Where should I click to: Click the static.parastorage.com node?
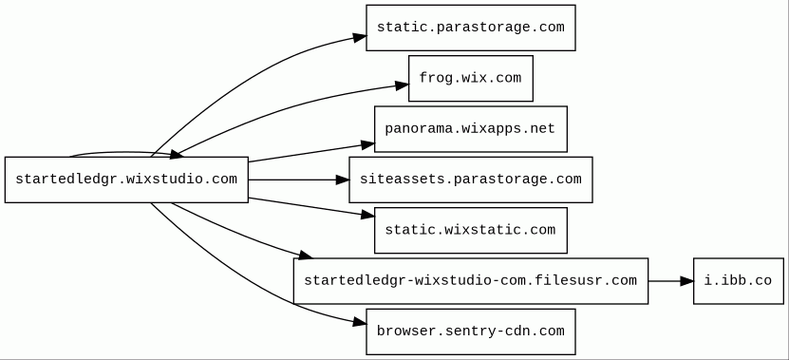click(471, 28)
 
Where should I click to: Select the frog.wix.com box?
click(471, 79)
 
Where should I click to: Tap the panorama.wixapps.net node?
click(471, 129)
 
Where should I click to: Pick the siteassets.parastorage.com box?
click(471, 180)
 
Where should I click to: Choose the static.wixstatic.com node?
click(471, 230)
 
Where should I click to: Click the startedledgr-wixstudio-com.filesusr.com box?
click(471, 281)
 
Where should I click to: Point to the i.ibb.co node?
click(738, 281)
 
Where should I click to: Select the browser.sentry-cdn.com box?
click(471, 332)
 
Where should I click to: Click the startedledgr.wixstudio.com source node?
click(126, 180)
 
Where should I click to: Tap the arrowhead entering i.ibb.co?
click(686, 281)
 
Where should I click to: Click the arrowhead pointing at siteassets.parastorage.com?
click(343, 180)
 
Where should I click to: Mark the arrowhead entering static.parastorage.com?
click(359, 37)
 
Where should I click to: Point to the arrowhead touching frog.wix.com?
click(402, 85)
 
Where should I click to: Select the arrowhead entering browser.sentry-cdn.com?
click(359, 322)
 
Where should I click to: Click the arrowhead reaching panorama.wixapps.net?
click(367, 145)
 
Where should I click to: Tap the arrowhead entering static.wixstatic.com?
click(367, 215)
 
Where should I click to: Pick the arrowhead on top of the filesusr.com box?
click(306, 256)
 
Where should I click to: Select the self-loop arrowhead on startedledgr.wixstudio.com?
click(177, 154)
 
